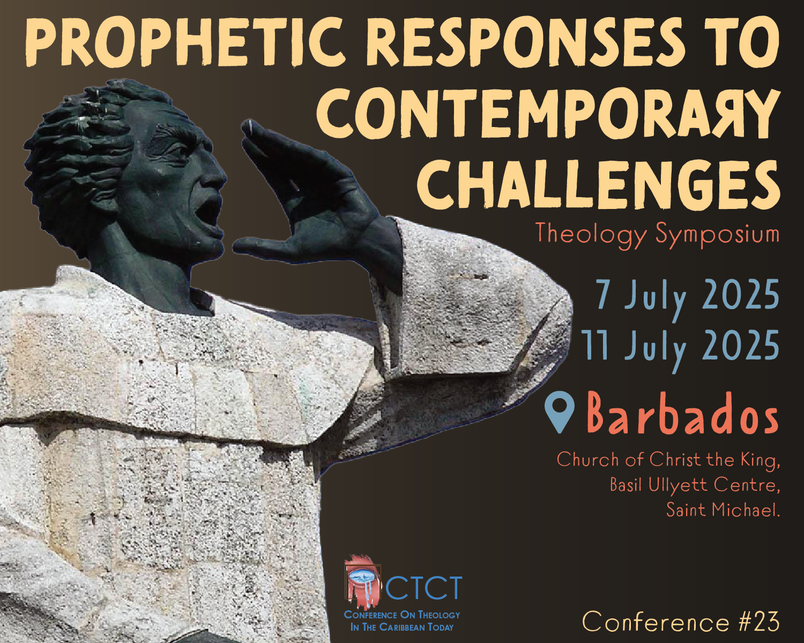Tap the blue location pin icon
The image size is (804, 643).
pos(559,412)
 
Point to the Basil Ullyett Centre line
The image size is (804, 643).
pos(695,485)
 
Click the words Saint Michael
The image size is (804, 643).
pos(723,510)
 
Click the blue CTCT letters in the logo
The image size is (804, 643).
pos(423,588)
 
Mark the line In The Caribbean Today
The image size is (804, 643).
pos(401,627)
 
